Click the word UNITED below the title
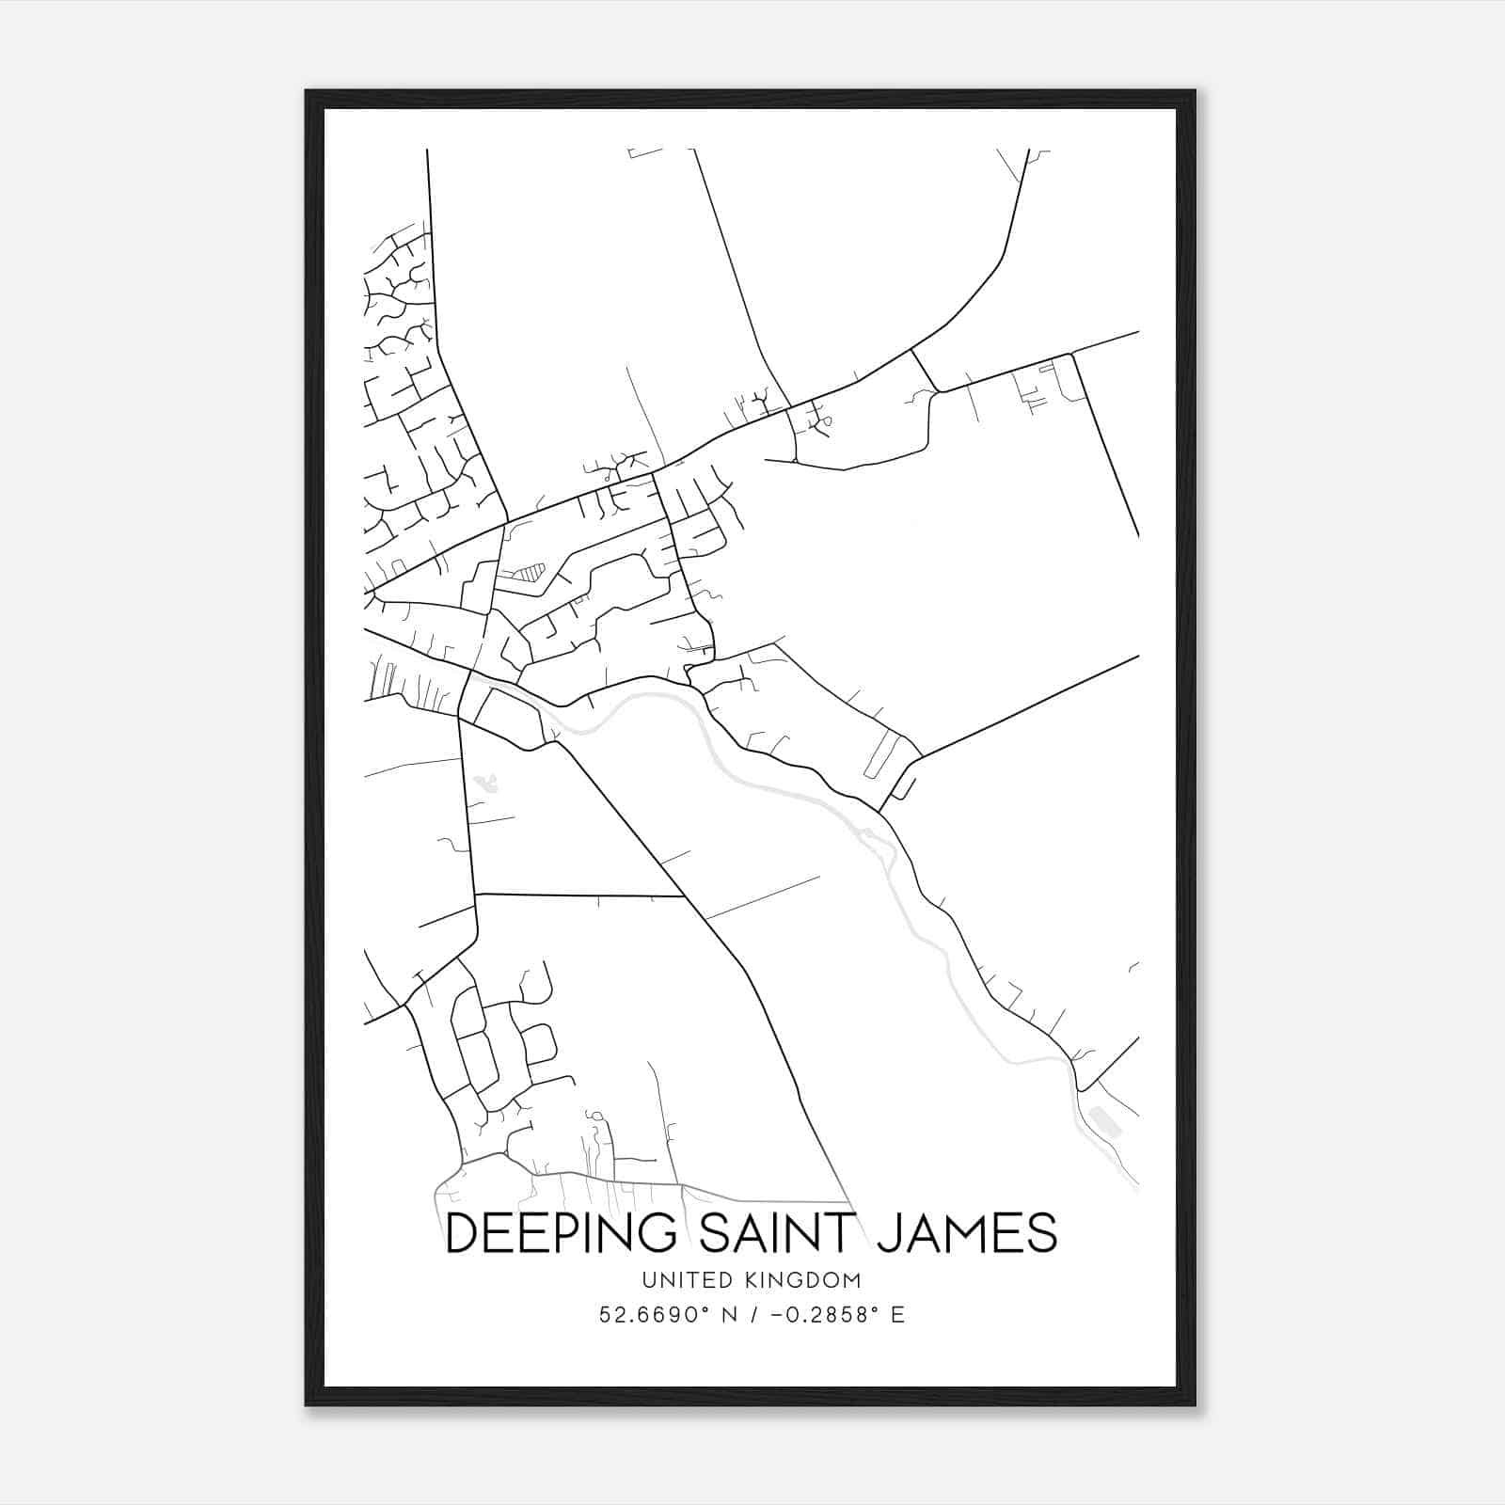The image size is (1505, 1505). click(686, 1280)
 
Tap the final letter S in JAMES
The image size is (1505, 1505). click(1041, 1233)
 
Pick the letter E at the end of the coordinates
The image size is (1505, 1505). click(897, 1314)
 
